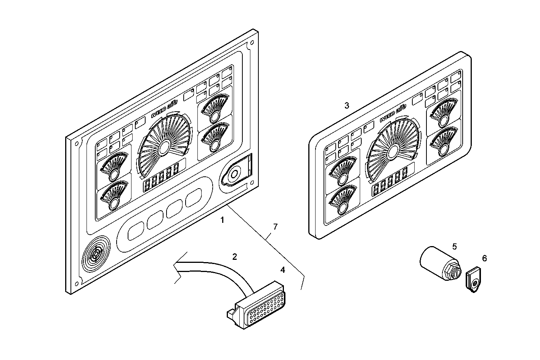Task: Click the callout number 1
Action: pyautogui.click(x=222, y=220)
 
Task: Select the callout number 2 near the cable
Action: pyautogui.click(x=235, y=257)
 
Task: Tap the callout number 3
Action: pyautogui.click(x=346, y=106)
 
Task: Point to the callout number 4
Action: pyautogui.click(x=282, y=270)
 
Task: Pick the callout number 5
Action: pyautogui.click(x=454, y=246)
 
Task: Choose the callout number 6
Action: pyautogui.click(x=484, y=259)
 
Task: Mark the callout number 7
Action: pyautogui.click(x=275, y=227)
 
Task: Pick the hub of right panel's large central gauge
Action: pyautogui.click(x=393, y=151)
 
